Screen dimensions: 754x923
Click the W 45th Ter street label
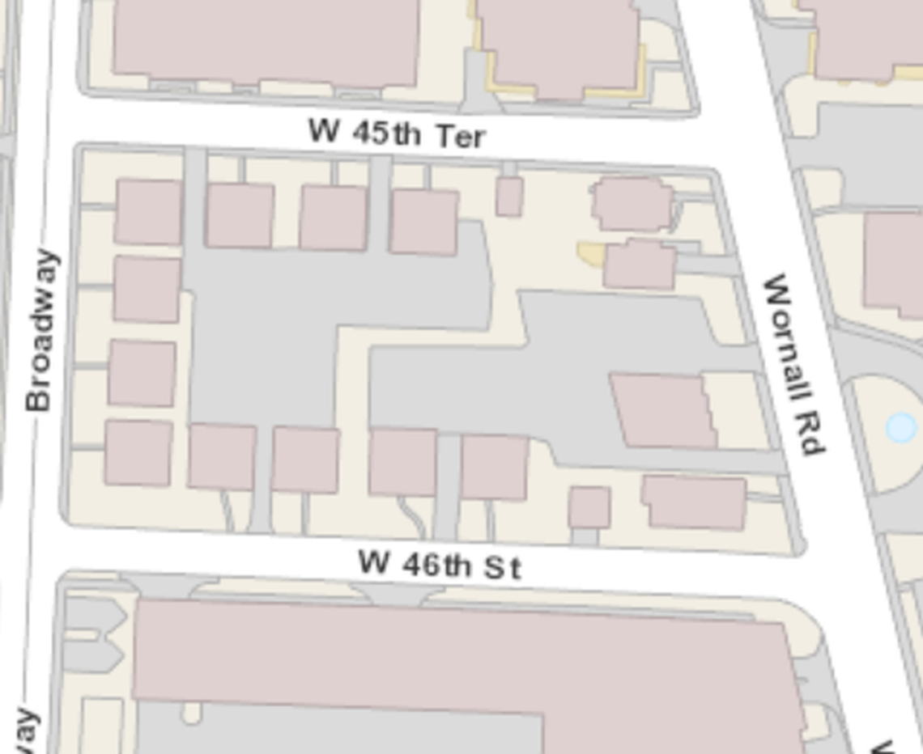[x=397, y=133]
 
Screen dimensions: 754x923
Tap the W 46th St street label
[x=440, y=564]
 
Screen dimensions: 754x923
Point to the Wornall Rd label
[x=793, y=364]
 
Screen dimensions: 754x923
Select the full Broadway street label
[x=42, y=330]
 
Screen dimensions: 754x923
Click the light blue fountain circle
[x=900, y=427]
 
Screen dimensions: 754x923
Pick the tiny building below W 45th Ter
[x=508, y=197]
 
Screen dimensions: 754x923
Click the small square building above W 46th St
[x=589, y=507]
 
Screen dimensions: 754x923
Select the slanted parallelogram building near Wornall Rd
[x=662, y=409]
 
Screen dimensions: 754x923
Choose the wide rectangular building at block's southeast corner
[x=695, y=502]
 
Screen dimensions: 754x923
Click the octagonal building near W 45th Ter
[x=632, y=204]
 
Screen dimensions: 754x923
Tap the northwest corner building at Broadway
[x=148, y=211]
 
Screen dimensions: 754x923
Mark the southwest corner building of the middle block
[x=138, y=453]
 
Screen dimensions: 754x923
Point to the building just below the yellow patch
[x=640, y=265]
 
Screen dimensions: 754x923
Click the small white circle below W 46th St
[x=191, y=714]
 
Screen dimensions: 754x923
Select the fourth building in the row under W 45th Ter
[x=423, y=222]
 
